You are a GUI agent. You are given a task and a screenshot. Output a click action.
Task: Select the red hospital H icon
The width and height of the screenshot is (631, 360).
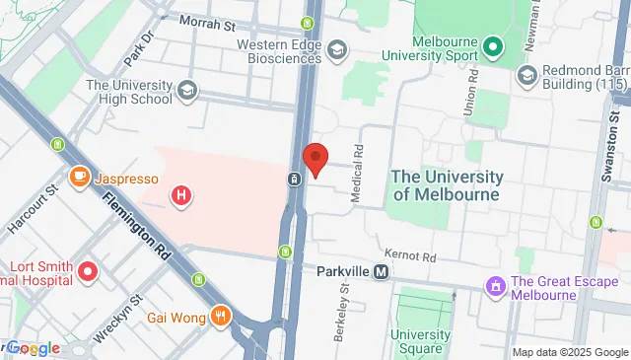[x=181, y=196]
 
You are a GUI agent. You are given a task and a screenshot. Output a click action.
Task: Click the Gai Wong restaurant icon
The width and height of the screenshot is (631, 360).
[x=221, y=317]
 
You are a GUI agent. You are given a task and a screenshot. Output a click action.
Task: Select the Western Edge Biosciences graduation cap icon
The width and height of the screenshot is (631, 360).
[x=338, y=50]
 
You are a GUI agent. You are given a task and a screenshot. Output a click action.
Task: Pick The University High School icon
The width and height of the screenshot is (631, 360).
[x=186, y=92]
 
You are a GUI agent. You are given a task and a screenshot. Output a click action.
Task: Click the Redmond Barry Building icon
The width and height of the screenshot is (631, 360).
[x=526, y=75]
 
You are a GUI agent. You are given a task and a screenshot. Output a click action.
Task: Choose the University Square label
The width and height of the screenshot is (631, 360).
[x=420, y=341]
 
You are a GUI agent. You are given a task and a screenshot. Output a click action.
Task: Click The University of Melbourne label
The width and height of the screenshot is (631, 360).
[x=447, y=184]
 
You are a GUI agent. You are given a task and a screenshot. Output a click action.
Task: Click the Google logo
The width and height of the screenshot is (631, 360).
[x=33, y=348]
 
